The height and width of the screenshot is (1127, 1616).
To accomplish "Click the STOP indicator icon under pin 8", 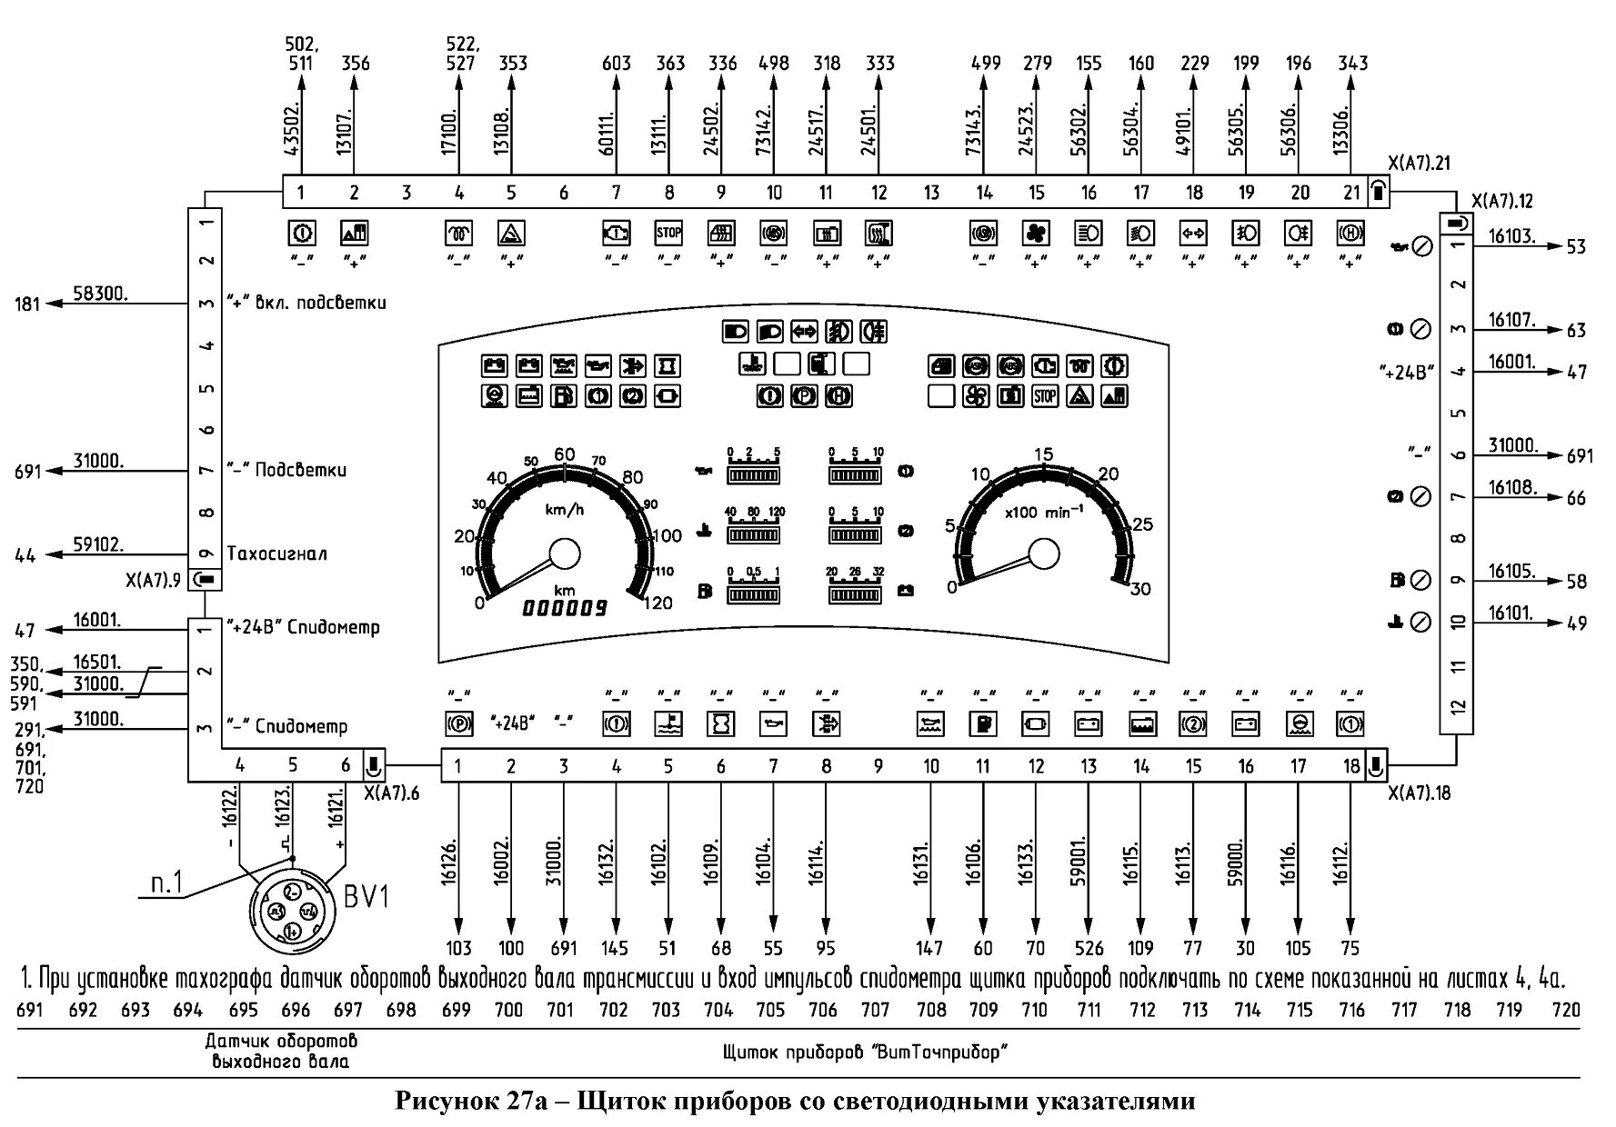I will click(x=668, y=233).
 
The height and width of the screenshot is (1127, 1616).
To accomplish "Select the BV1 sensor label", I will click(x=366, y=897).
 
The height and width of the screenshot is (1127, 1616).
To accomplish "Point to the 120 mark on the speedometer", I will click(x=657, y=603).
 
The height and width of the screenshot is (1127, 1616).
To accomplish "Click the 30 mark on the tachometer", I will click(x=1139, y=589).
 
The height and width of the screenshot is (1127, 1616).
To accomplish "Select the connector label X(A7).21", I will click(x=1419, y=164).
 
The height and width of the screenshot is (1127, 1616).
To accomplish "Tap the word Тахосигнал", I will click(x=276, y=554).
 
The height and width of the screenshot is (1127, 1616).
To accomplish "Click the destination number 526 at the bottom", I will click(x=1088, y=948).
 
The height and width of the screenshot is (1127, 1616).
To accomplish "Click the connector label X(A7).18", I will click(x=1419, y=793).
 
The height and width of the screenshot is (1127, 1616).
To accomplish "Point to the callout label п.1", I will click(x=166, y=883).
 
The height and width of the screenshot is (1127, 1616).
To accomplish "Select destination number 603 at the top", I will click(x=617, y=64).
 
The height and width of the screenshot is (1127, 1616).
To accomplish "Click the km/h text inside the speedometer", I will click(x=565, y=509).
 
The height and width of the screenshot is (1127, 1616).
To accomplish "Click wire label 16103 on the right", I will click(x=1511, y=237).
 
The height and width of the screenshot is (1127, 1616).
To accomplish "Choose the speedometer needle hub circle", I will click(x=566, y=553).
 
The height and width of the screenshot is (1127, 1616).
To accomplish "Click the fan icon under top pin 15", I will click(x=1036, y=234).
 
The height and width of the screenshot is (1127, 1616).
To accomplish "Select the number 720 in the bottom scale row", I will click(x=1566, y=1009).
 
